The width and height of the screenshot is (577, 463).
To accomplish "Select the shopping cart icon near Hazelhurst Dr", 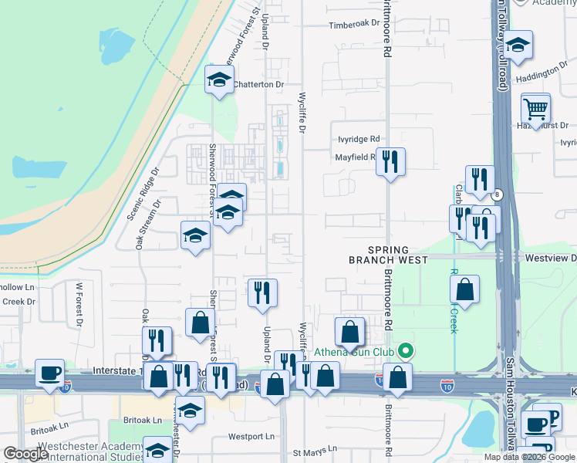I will point(535,108).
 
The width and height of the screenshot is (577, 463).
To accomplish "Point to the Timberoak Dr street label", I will point(356,24).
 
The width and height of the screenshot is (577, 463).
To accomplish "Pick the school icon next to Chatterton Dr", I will point(219,79).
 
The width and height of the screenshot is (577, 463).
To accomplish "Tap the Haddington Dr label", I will point(542,73).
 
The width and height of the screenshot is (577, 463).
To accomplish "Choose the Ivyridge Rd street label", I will point(359,139).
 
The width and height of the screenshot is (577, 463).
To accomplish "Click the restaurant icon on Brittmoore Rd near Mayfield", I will point(391,161).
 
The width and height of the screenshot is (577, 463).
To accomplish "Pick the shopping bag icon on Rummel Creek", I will point(465,290).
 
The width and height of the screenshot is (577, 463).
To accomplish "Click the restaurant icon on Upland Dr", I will point(262,292).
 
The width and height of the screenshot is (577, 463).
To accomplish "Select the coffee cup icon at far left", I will point(50,372).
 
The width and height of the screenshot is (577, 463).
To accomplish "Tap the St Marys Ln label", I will point(314,449).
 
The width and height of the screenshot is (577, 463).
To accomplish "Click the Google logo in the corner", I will point(25,454).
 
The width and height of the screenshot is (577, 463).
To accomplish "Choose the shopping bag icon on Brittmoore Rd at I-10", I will point(398,377).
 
